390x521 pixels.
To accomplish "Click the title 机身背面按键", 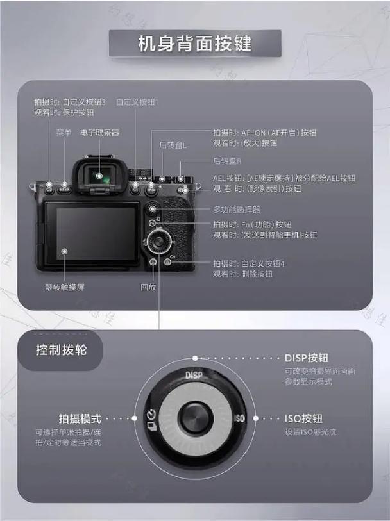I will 195,44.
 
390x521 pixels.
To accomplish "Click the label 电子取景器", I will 99,133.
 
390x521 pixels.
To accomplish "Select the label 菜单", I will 64,133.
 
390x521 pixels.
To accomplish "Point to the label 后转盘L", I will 173,145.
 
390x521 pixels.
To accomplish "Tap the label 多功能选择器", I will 237,210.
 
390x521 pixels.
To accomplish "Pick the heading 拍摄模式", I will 80,418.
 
